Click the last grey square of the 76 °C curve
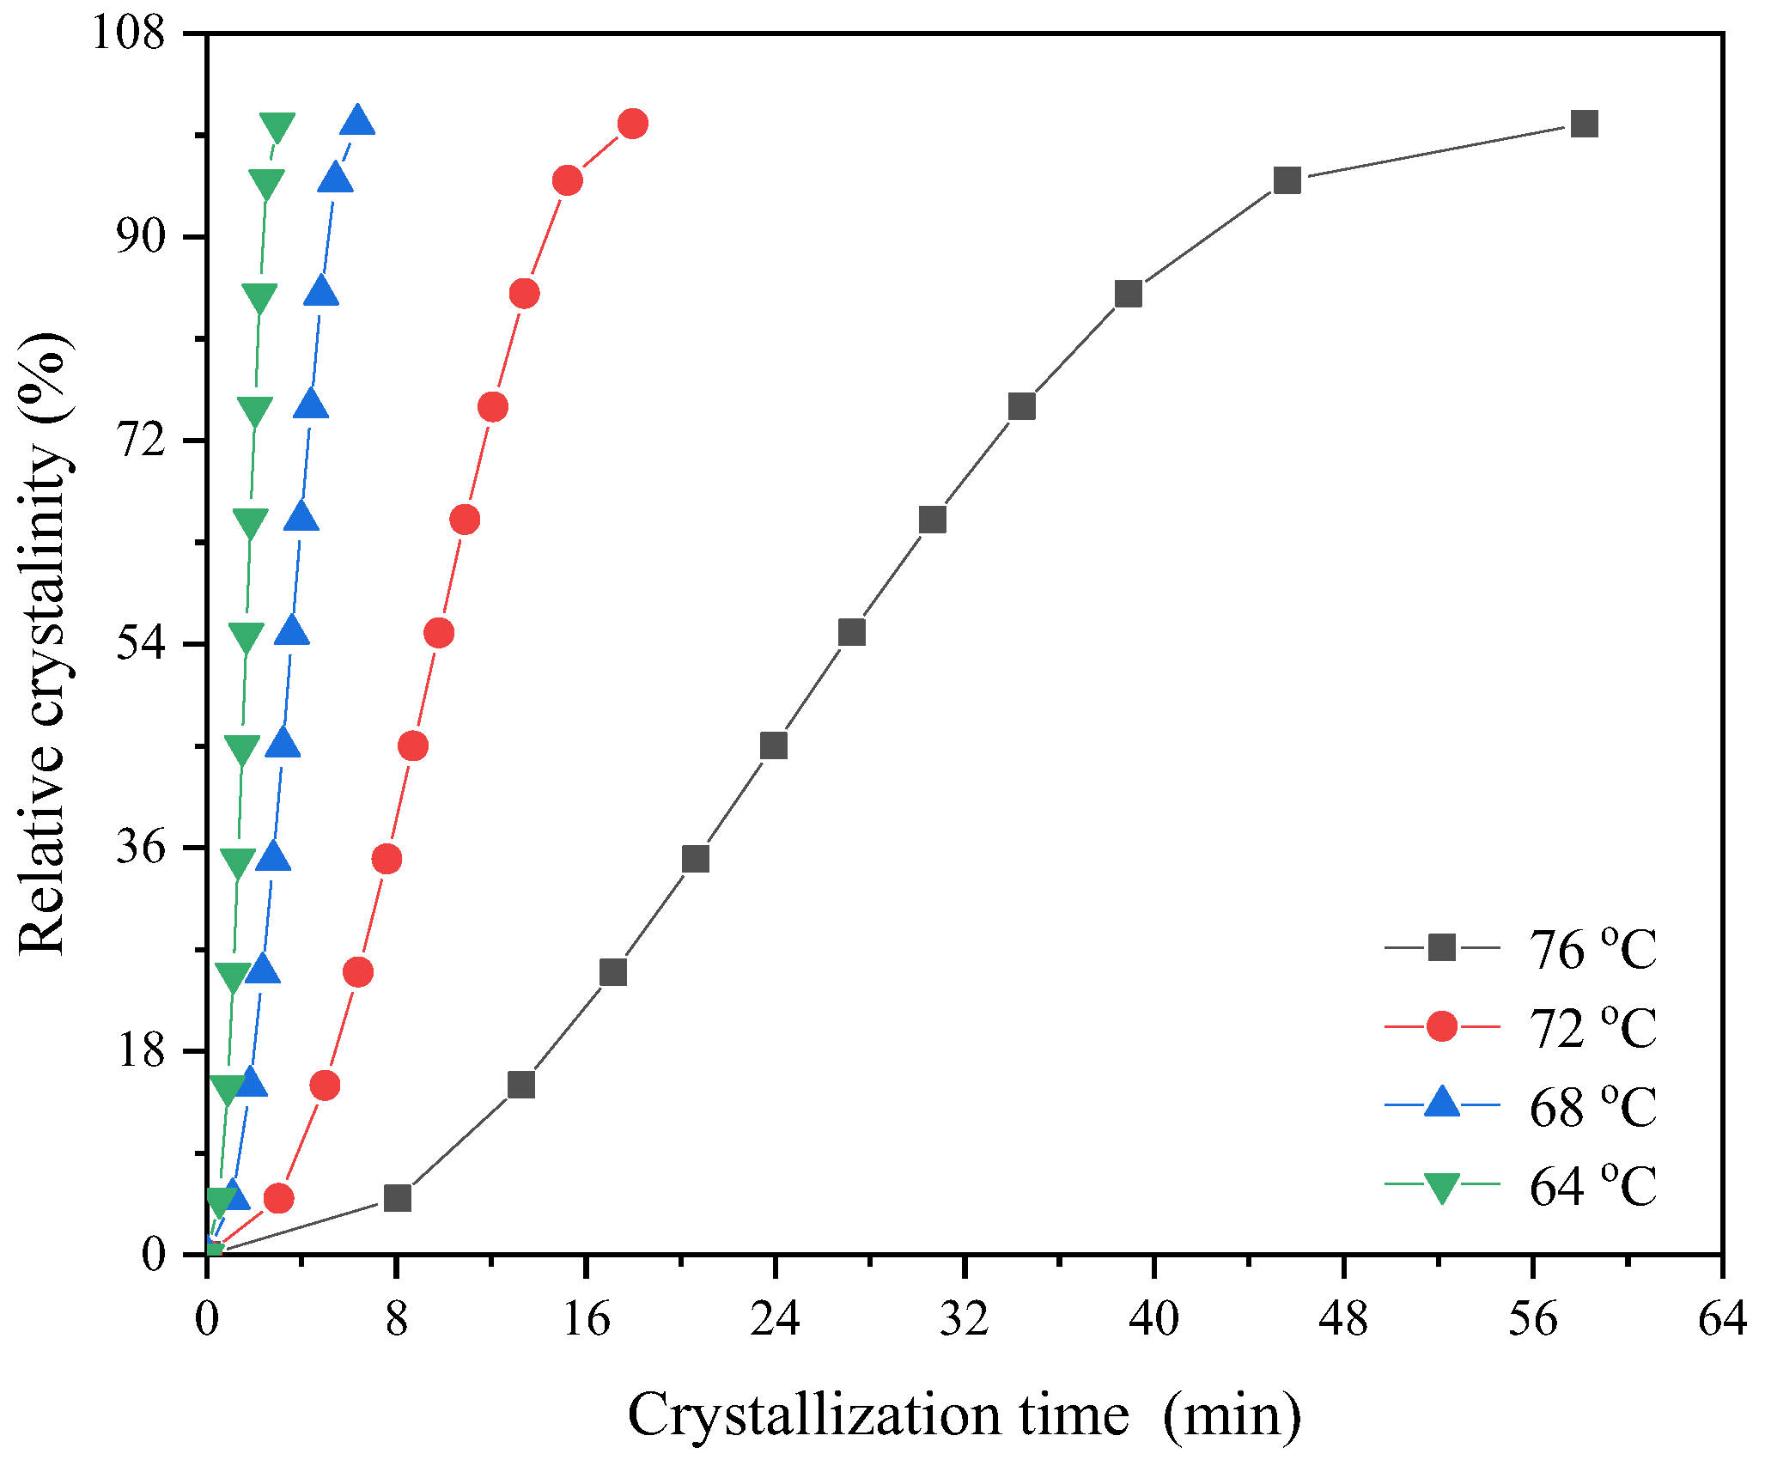[x=1584, y=124]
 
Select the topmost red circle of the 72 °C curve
[x=633, y=124]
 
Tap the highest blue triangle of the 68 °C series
[x=357, y=121]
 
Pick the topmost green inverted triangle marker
[x=277, y=128]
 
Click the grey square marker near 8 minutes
[x=398, y=1197]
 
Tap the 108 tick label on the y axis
[x=129, y=36]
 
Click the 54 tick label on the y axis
[x=141, y=644]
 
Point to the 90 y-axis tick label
[x=141, y=238]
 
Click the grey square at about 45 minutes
[x=1287, y=180]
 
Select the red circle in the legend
[x=1441, y=1026]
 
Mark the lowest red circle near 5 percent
[x=278, y=1197]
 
